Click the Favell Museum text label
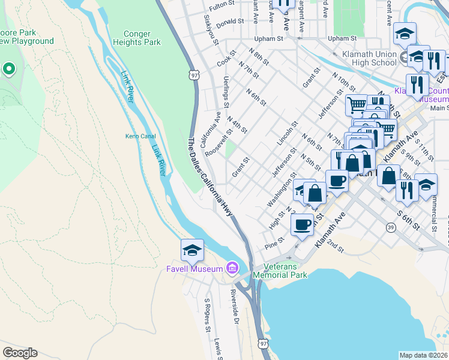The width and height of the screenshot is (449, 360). click(x=194, y=269)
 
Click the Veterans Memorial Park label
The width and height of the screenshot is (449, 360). click(x=280, y=271)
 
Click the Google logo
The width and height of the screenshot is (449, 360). click(x=20, y=353)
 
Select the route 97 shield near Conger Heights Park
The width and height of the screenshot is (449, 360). click(x=193, y=75)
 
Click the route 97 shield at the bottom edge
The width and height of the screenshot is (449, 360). click(x=264, y=343)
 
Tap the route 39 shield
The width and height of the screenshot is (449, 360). click(x=390, y=228)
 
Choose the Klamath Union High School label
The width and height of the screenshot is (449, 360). click(x=366, y=58)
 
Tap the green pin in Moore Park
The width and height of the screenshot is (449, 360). click(x=8, y=69)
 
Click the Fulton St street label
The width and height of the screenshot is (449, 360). click(x=221, y=7)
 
